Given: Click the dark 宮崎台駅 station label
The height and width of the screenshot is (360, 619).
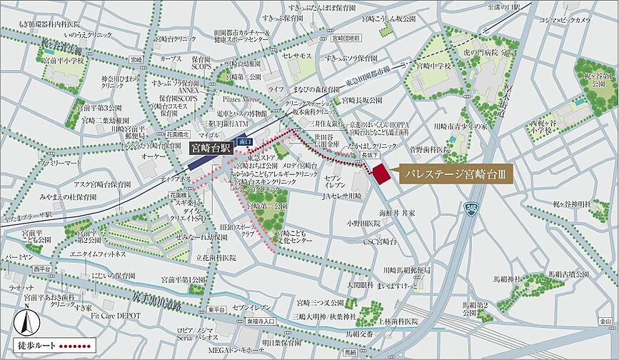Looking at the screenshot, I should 211,149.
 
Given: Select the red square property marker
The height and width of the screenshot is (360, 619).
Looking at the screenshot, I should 380,174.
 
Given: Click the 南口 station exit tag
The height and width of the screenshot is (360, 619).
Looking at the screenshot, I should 246,143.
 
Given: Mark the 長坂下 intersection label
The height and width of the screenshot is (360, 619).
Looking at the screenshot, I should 368,154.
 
